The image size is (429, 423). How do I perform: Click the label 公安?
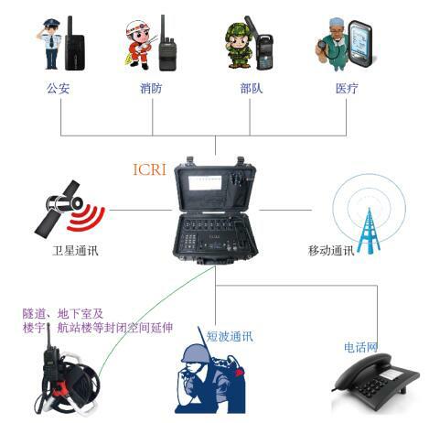(x=58, y=89)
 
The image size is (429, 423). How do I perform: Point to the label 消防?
(x=153, y=89)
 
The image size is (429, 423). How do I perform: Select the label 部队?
(x=251, y=89)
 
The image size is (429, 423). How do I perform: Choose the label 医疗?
(x=347, y=89)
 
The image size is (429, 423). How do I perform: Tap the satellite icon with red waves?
(x=70, y=209)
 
